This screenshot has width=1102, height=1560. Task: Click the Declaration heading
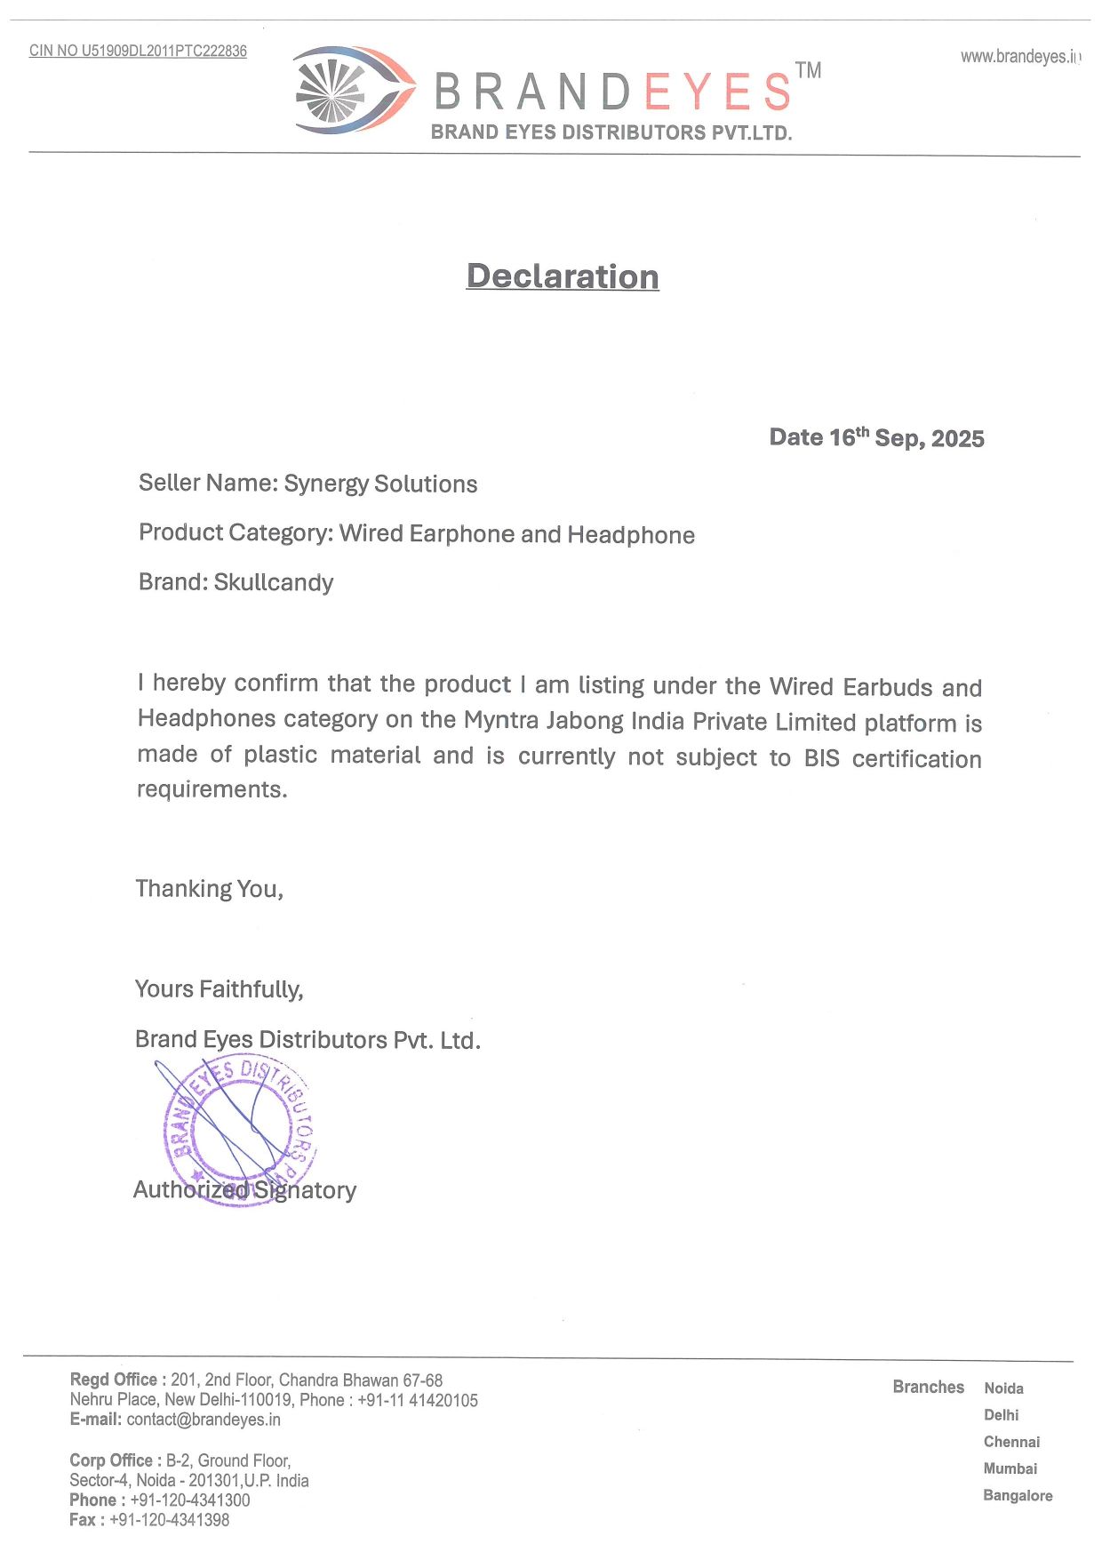click(x=563, y=276)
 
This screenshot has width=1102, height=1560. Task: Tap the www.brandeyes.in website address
click(x=1020, y=57)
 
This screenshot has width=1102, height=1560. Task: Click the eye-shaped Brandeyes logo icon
click(x=353, y=91)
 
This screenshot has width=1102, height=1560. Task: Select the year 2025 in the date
click(x=958, y=439)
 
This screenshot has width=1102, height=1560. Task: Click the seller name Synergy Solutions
click(x=380, y=484)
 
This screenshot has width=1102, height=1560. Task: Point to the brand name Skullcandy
click(x=274, y=582)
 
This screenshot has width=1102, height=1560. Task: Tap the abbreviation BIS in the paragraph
click(x=822, y=758)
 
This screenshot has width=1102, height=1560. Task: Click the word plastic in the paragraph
click(x=281, y=755)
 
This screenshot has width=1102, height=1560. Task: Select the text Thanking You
click(x=209, y=889)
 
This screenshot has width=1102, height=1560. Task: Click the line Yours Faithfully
click(x=219, y=989)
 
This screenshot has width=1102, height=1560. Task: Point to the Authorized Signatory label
click(x=244, y=1190)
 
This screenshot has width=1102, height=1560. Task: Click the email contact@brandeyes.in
click(x=204, y=1420)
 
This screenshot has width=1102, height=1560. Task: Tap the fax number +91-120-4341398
click(x=169, y=1520)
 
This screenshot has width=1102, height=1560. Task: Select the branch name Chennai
click(x=1011, y=1442)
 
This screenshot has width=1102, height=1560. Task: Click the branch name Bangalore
click(x=1018, y=1496)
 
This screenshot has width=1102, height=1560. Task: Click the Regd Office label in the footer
click(x=114, y=1380)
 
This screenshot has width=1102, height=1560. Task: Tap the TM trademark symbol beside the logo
click(x=808, y=70)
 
